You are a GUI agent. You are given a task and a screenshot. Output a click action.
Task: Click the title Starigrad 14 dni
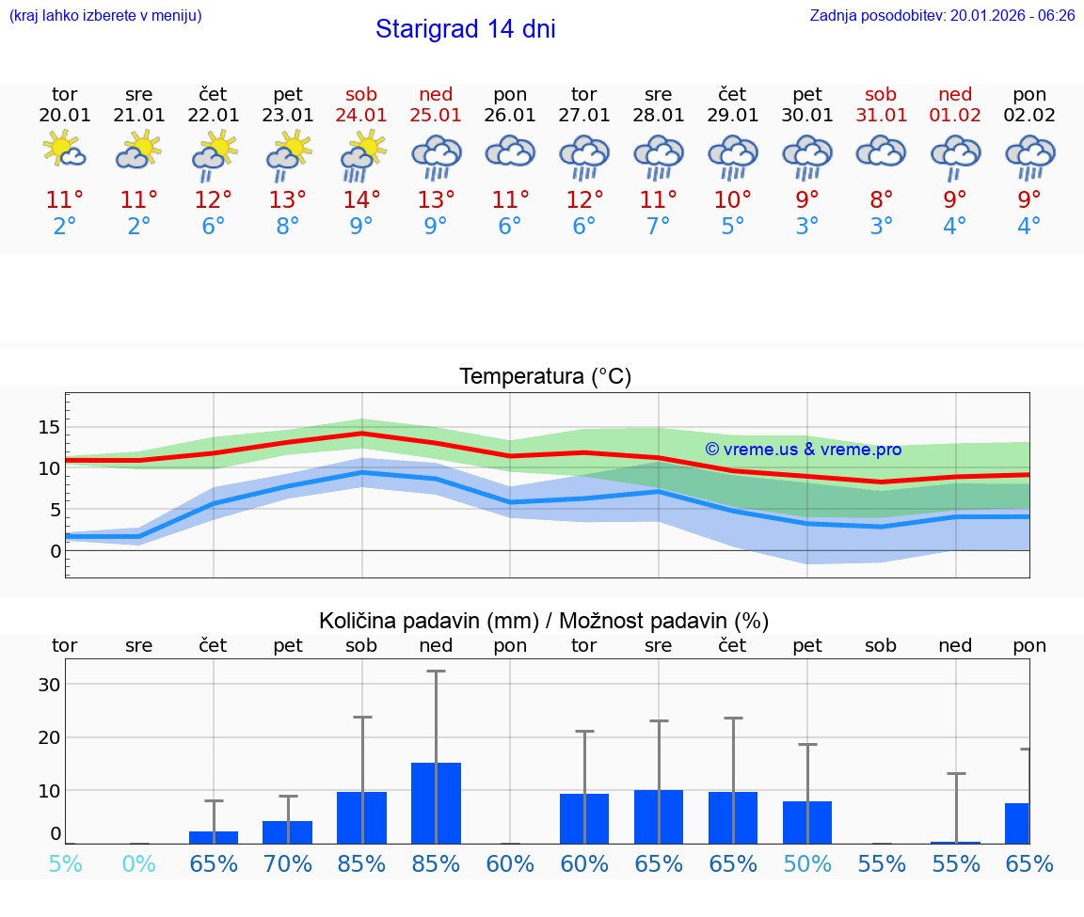[465, 29]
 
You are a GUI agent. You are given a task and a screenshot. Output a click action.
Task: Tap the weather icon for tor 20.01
[65, 150]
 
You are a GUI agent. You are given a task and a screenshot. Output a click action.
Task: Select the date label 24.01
[361, 116]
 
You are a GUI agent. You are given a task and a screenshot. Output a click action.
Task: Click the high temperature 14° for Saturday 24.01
[361, 199]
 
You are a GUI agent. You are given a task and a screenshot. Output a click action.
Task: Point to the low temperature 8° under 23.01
[287, 227]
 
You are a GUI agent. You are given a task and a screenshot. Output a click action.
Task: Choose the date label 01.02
[955, 116]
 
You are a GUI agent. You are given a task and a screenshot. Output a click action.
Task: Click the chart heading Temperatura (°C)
[545, 377]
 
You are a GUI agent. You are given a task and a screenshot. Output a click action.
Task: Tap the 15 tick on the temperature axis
[48, 427]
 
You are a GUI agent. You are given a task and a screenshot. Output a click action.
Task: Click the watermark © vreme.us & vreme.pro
[803, 450]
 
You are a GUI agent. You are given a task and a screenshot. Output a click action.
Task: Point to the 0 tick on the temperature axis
[56, 551]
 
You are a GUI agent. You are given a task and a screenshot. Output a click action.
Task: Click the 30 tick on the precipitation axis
[48, 685]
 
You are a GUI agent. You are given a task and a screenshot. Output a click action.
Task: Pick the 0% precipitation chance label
[138, 863]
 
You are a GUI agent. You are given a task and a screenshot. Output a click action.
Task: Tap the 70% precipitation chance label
[287, 863]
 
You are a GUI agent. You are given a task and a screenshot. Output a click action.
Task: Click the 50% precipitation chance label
[807, 863]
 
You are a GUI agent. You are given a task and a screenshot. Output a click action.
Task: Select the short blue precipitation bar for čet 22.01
[214, 837]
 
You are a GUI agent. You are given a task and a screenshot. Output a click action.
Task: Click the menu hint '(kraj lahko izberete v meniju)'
[104, 15]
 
